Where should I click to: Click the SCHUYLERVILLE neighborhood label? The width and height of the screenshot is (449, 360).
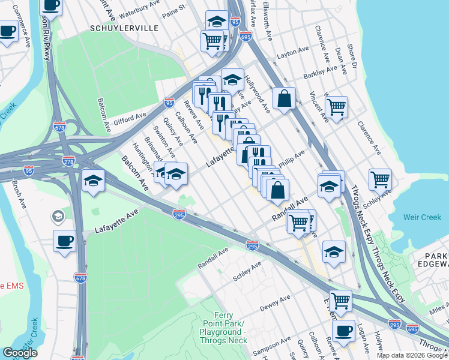(x=124, y=28)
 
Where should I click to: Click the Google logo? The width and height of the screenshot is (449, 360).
(x=20, y=352)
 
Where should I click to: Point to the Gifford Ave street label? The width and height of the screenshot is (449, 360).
(x=129, y=121)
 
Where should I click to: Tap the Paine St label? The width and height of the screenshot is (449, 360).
(x=175, y=11)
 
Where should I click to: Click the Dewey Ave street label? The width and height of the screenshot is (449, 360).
(x=276, y=302)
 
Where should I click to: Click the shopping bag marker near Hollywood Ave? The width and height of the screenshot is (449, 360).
(x=284, y=98)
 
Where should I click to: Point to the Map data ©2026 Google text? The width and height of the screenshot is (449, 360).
(x=412, y=355)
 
